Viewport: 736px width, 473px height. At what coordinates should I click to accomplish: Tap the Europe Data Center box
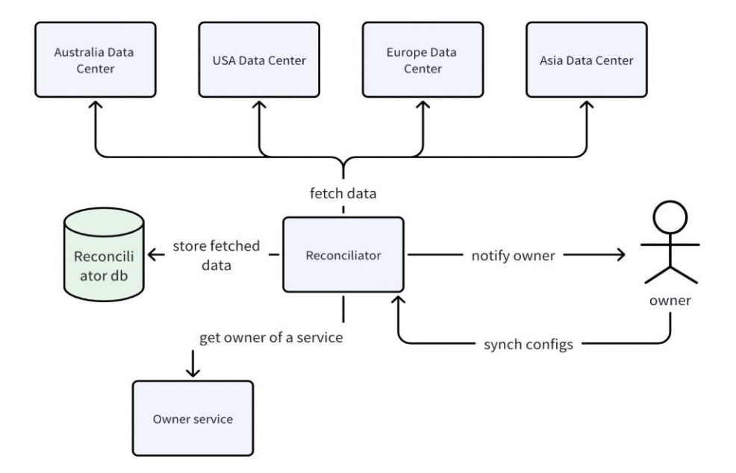tap(422, 60)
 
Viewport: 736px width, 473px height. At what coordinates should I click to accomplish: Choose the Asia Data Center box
tap(586, 60)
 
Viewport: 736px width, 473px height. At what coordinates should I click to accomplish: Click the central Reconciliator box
tap(343, 255)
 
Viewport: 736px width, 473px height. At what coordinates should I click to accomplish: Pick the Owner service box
tap(193, 419)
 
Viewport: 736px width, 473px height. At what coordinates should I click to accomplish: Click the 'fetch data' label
tap(343, 192)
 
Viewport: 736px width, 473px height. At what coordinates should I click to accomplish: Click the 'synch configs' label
tap(528, 345)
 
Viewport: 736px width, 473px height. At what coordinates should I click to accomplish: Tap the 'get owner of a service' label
tap(271, 337)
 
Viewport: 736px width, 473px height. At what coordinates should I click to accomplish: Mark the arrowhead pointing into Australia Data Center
tap(96, 106)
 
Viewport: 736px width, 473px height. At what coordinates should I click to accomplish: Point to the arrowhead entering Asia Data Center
tap(586, 106)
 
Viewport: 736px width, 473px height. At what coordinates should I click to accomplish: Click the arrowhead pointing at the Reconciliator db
tap(152, 255)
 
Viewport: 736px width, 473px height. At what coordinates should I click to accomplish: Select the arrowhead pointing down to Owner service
tap(193, 371)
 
